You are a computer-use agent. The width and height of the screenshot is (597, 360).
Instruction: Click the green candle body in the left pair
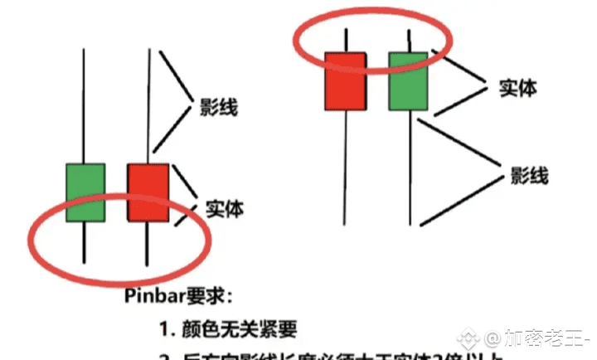tap(85, 192)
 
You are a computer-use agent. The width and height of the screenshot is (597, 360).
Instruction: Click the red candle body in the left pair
tap(148, 192)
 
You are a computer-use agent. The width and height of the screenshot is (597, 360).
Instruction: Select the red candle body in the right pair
tap(345, 80)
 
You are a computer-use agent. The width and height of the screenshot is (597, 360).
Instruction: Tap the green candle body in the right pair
tap(409, 80)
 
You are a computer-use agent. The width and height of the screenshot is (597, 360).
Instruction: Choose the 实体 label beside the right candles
tap(517, 88)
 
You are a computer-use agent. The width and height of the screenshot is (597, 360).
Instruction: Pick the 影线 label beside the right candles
tap(529, 175)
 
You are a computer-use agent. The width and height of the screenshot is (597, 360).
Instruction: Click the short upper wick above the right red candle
tap(345, 40)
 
